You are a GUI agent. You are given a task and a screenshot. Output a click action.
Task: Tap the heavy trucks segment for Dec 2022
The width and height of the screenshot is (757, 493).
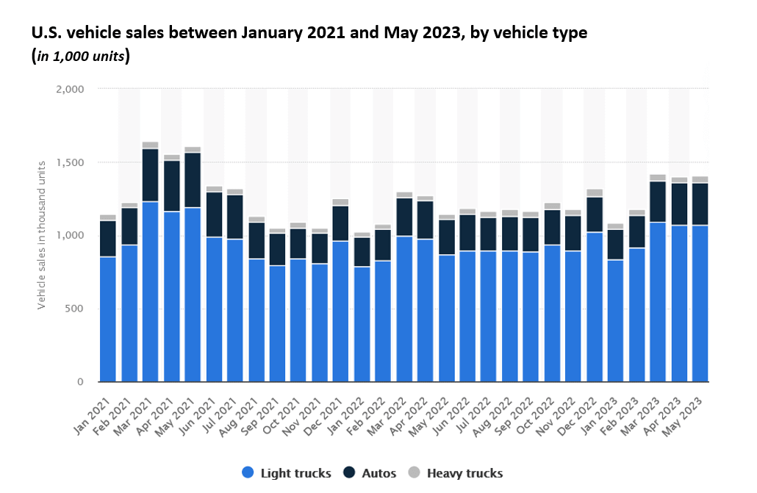point(595,192)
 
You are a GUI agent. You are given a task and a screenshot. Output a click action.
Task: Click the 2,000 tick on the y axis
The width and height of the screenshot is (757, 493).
point(71,89)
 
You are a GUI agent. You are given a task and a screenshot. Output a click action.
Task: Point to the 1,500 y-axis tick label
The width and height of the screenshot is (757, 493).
point(71,162)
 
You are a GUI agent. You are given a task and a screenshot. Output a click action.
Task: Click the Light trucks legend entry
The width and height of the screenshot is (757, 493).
point(287,473)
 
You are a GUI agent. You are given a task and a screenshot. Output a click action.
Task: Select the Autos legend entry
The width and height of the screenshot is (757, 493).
point(373,473)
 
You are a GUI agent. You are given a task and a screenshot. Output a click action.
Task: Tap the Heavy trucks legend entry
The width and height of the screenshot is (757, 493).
point(457,473)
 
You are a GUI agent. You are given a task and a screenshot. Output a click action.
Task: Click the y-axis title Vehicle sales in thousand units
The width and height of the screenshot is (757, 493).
point(42,235)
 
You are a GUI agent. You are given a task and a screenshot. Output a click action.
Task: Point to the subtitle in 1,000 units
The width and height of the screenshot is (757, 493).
point(80,57)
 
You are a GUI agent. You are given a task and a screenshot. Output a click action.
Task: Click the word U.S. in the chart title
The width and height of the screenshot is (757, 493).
point(45,33)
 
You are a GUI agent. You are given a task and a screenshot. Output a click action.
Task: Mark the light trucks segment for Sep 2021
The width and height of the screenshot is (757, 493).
point(277,323)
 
